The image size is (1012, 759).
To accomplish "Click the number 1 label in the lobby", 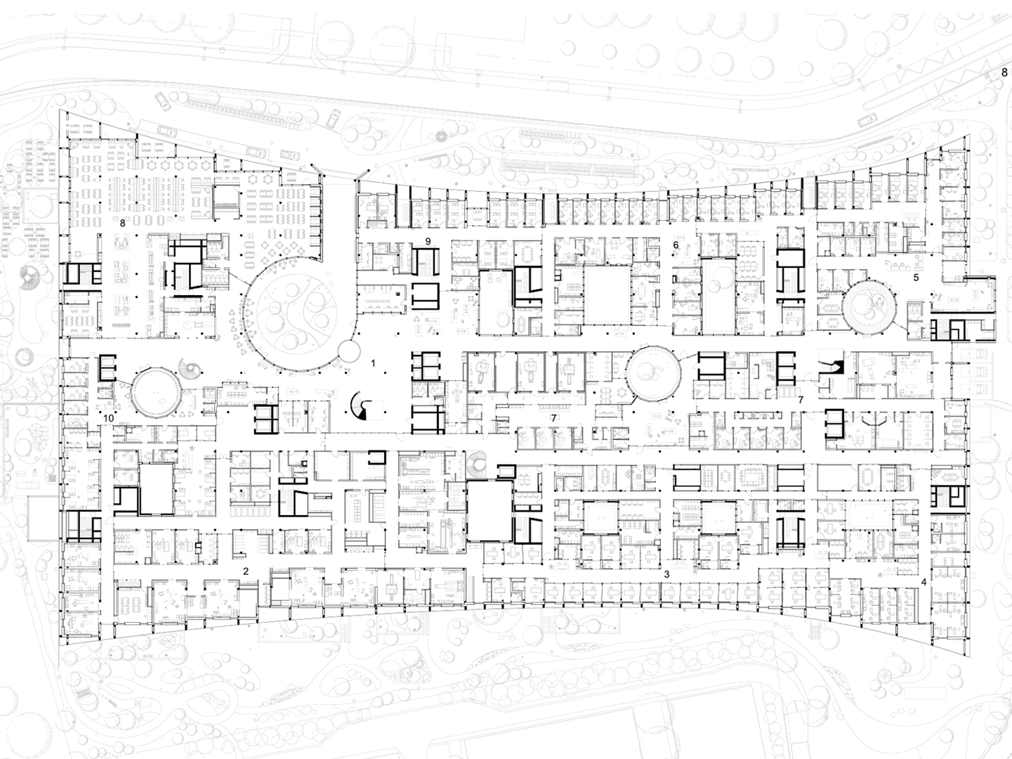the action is click(x=374, y=363).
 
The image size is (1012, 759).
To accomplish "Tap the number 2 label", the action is click(x=247, y=571).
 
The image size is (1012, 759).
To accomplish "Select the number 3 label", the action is click(x=666, y=575).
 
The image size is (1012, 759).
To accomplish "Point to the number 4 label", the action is click(x=924, y=583).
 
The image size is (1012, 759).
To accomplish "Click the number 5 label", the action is click(x=916, y=278).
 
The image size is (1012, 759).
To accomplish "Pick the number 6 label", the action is click(x=676, y=245).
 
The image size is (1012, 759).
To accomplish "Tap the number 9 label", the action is click(x=428, y=241).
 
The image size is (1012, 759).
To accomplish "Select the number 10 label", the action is click(x=108, y=418).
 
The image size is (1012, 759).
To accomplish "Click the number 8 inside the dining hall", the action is click(x=122, y=223).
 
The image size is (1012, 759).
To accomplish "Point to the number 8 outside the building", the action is click(x=1004, y=72).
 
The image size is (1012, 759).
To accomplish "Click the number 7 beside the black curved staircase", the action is click(x=801, y=400).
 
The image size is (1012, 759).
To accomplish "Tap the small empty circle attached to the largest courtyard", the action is click(x=348, y=351).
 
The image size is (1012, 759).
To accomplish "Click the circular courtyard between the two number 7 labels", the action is click(x=653, y=373).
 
